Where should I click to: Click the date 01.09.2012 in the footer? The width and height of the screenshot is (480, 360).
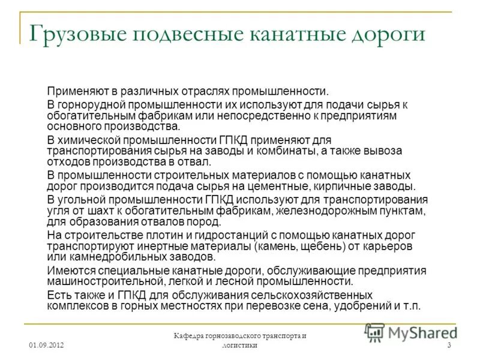[x=46, y=346]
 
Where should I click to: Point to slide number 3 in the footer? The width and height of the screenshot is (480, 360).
[x=449, y=346]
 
